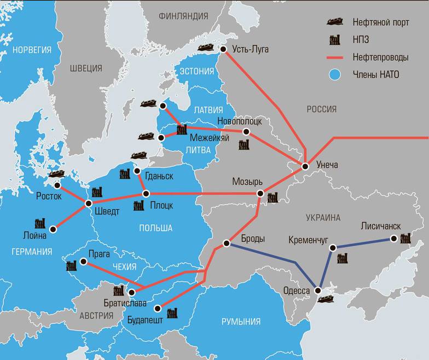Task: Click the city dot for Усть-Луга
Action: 223,50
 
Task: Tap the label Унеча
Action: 327,165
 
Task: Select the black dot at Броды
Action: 226,243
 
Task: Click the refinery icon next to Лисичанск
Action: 405,239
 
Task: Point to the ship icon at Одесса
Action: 327,298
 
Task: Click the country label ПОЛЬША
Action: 155,228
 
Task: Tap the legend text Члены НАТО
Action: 376,74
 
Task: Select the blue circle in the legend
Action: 336,74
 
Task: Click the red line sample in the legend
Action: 336,57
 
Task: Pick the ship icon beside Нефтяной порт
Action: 335,22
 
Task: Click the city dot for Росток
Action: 57,185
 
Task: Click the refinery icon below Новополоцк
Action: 244,145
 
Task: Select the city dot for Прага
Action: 83,262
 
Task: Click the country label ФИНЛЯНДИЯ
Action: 183,16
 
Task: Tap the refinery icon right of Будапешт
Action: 172,313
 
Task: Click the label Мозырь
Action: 247,181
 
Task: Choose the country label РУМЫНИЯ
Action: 241,321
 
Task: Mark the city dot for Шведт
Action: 89,203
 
